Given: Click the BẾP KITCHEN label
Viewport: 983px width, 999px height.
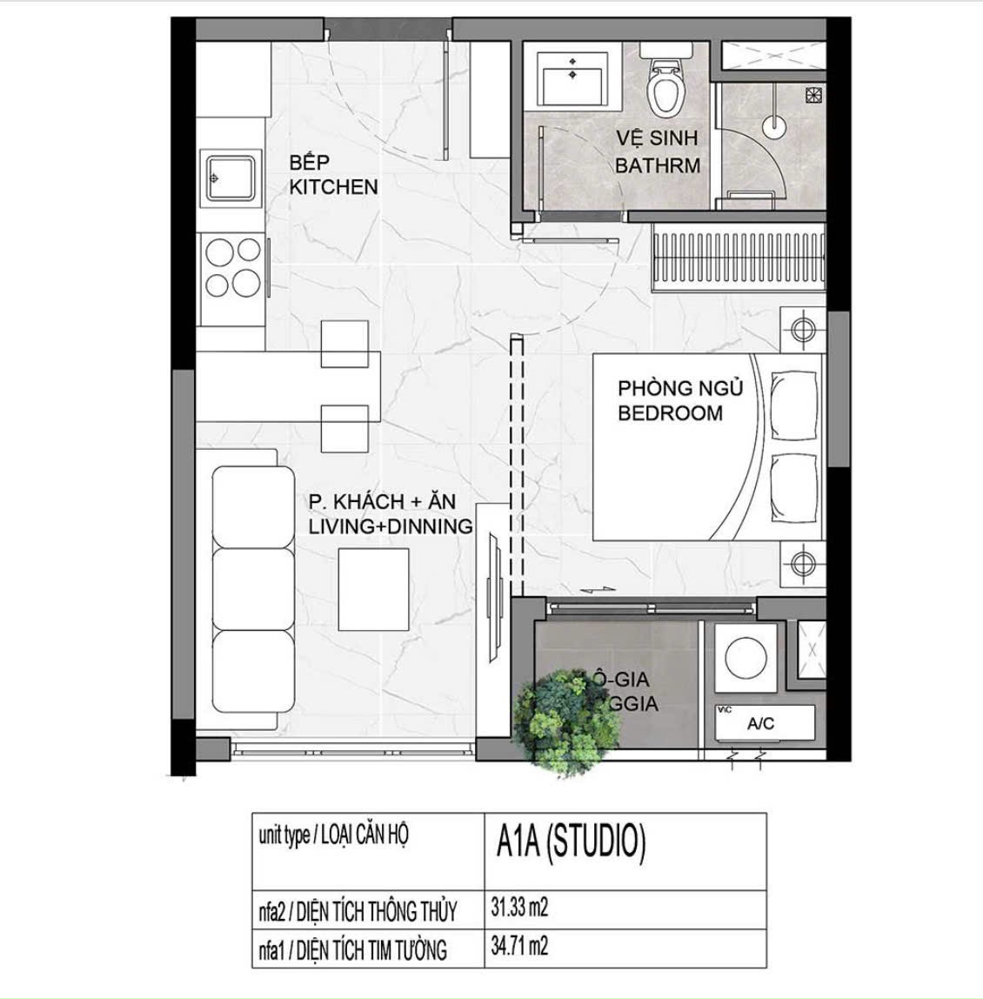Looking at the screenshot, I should [x=333, y=175].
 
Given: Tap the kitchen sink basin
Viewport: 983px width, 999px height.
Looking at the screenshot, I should [x=231, y=178].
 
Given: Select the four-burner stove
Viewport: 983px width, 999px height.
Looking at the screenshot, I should [x=232, y=267].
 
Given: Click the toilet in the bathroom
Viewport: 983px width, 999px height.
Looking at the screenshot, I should [x=666, y=90].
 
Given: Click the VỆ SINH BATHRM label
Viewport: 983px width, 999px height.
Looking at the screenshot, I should [x=657, y=151].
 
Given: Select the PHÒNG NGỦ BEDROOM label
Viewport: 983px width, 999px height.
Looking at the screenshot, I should [x=679, y=400].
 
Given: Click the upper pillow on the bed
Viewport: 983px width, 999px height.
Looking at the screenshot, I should [x=794, y=404].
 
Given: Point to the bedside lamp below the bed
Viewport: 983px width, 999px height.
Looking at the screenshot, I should [x=802, y=561].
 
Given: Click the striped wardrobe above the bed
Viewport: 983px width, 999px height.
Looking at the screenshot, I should [x=737, y=257].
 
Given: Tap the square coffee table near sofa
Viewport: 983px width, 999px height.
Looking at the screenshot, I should [x=373, y=589].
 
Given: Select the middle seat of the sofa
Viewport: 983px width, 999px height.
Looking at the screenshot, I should [x=253, y=588].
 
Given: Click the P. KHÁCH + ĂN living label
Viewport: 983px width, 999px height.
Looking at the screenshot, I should [x=390, y=514].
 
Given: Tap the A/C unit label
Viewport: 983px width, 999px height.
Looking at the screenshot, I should [x=760, y=723].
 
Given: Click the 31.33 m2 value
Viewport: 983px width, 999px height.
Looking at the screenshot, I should [x=519, y=908].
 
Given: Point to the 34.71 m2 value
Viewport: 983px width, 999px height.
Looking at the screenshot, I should [x=519, y=946].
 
